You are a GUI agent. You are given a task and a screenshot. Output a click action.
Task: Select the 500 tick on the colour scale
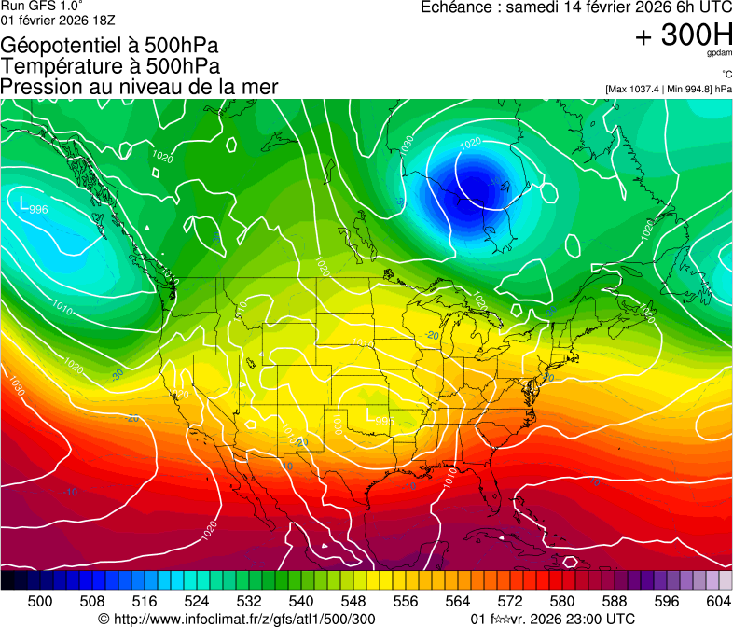pyautogui.click(x=40, y=601)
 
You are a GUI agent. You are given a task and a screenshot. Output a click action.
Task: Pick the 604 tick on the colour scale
pyautogui.click(x=719, y=601)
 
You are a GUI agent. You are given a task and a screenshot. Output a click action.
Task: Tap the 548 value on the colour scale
pyautogui.click(x=353, y=601)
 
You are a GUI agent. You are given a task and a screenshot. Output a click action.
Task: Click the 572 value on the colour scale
pyautogui.click(x=510, y=601)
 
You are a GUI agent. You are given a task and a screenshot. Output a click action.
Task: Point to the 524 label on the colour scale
pyautogui.click(x=197, y=601)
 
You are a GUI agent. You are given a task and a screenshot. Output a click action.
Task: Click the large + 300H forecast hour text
pyautogui.click(x=684, y=36)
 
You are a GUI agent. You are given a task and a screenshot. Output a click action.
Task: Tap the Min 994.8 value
pyautogui.click(x=686, y=89)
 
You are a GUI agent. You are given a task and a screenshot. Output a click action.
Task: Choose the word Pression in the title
pyautogui.click(x=40, y=87)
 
